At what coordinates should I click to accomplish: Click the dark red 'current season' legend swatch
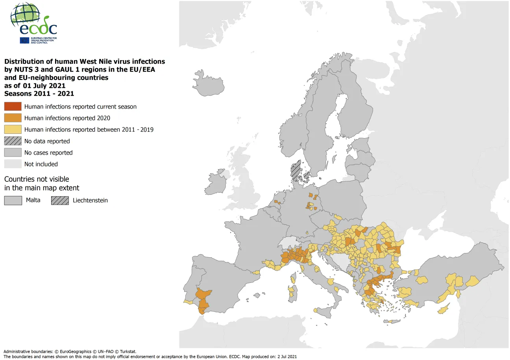click(13, 106)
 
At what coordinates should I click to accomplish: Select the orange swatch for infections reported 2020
click(13, 118)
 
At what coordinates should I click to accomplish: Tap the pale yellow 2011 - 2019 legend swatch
click(13, 129)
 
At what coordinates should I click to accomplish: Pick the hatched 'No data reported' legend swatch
click(13, 141)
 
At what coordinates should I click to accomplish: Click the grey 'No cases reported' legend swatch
click(13, 152)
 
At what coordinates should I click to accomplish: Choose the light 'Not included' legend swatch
click(13, 164)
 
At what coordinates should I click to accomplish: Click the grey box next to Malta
click(13, 200)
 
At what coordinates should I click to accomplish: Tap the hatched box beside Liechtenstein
click(60, 200)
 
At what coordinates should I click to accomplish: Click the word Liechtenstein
click(90, 200)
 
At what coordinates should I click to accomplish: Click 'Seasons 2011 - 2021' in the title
click(39, 94)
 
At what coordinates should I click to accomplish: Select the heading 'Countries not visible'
click(36, 179)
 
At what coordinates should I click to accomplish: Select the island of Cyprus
click(444, 309)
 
